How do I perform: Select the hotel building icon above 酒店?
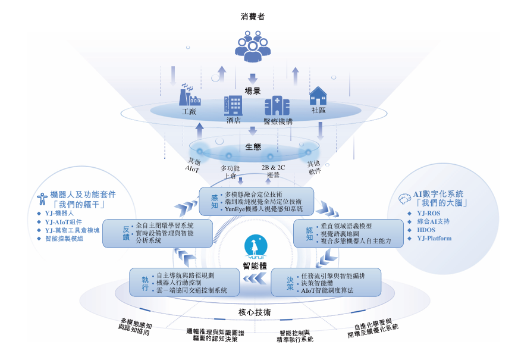[233, 105]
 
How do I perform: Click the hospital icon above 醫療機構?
[277, 106]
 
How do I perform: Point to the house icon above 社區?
[318, 96]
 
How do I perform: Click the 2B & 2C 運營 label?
[274, 171]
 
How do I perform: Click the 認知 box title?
[309, 233]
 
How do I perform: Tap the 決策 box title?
[290, 282]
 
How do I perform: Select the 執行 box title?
[145, 283]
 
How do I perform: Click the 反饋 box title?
[126, 233]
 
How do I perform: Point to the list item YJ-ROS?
[428, 212]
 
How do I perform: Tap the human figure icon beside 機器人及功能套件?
[42, 199]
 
